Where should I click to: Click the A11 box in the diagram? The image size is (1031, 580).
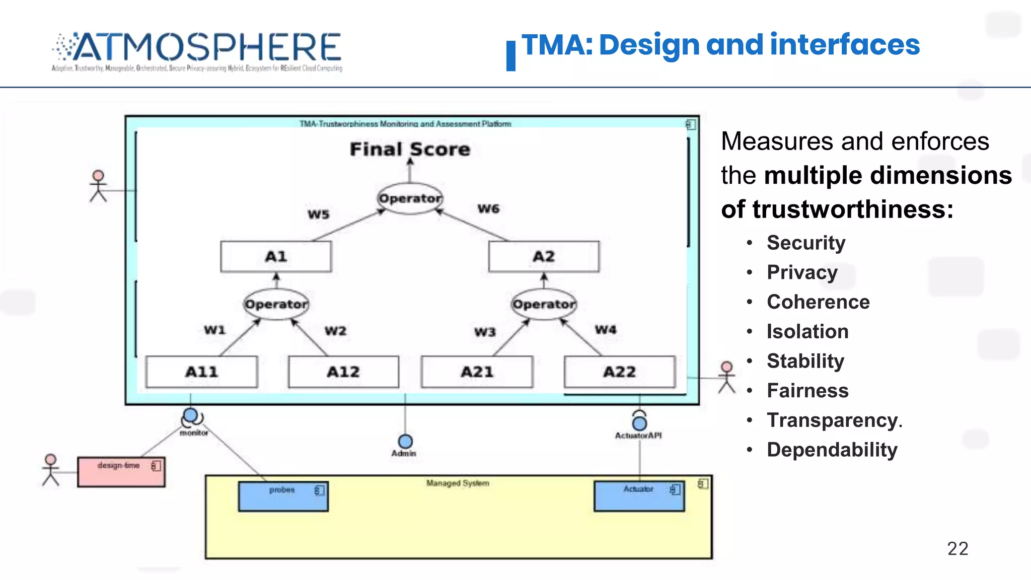pos(201,372)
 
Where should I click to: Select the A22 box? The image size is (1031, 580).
pos(620,372)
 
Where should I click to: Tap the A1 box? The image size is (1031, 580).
pos(276,257)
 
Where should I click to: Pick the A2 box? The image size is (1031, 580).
pos(544,257)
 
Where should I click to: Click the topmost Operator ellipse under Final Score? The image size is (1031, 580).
pos(410,198)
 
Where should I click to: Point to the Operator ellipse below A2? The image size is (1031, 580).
pos(544,304)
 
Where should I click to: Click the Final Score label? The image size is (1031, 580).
pos(410,150)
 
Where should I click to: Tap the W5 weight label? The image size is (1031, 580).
pos(319,214)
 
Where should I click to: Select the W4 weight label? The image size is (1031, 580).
pos(606,330)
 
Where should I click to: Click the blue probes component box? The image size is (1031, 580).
pos(283,496)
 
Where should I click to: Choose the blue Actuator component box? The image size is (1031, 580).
pos(639,496)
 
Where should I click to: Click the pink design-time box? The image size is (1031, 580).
pos(121,472)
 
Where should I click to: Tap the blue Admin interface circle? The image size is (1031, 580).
pos(405,442)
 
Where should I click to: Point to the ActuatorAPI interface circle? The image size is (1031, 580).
pos(639,423)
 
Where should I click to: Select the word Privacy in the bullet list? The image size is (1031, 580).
pos(802,272)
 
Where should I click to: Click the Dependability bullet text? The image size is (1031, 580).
pos(832,450)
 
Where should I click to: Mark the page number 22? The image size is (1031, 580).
pos(958,548)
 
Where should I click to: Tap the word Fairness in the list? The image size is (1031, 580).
pos(807,391)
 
